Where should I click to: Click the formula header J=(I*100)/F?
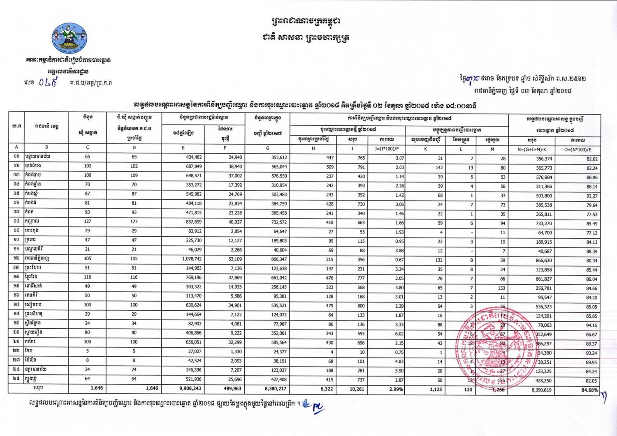pos(386,149)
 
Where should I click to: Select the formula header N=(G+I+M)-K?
pos(531,149)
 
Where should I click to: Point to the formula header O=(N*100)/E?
pos(578,149)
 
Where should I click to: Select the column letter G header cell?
pos(267,148)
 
